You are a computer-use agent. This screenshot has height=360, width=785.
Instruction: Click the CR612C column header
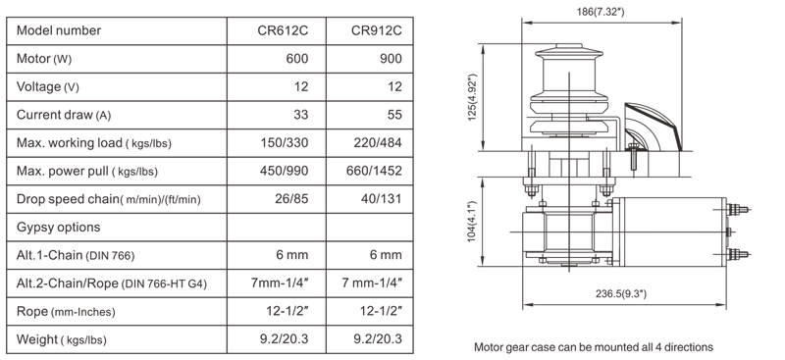pos(283,30)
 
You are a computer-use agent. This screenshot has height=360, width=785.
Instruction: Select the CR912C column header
pos(377,30)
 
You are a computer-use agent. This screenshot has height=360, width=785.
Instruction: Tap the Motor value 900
pos(391,59)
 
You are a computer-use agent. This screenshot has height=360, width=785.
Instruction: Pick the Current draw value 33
pos(300,115)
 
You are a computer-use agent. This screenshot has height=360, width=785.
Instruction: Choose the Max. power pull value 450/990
pos(285,171)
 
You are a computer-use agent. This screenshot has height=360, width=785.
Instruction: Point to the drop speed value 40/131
pos(382,199)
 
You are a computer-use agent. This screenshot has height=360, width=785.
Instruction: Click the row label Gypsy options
pos(59,228)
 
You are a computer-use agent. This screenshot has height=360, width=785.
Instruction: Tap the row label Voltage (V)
pos(48,87)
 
